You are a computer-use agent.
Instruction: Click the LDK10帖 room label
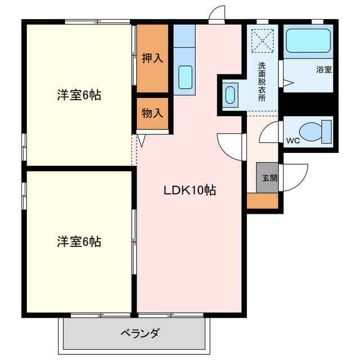[x=190, y=190]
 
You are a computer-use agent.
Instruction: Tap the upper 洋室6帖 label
[x=79, y=95]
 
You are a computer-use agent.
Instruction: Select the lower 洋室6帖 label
[x=79, y=242]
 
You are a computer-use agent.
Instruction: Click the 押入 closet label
[x=152, y=58]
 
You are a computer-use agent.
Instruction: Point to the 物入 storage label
[x=152, y=113]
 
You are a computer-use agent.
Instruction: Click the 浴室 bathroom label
[x=323, y=70]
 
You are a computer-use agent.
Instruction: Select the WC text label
[x=292, y=140]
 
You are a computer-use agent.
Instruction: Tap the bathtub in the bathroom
[x=309, y=42]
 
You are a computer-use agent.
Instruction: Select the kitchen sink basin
[x=185, y=76]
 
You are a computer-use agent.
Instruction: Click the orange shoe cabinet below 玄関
[x=263, y=201]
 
